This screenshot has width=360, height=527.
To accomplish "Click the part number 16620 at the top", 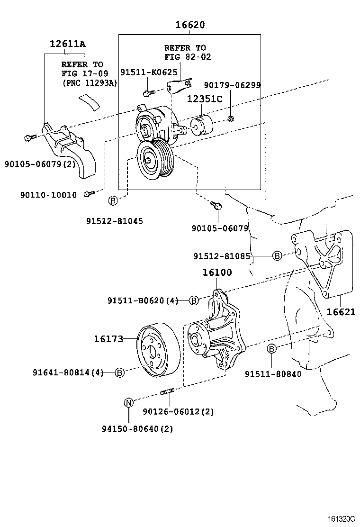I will point(190,25).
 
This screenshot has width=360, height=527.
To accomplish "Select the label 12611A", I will point(67,44).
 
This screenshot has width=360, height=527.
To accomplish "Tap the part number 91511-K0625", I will point(148,72).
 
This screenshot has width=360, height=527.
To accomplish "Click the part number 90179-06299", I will point(232,85).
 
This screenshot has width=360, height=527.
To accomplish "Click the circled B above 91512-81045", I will point(113,200).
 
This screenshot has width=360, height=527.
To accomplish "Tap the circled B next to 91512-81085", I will point(277,256).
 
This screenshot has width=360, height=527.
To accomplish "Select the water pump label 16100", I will point(217,273).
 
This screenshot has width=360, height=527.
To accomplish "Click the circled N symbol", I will point(128,402).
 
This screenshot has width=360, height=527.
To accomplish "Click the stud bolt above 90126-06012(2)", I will point(169,391).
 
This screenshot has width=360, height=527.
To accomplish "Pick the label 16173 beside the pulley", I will point(108,339).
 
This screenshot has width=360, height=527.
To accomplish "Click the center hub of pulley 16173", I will point(152,352).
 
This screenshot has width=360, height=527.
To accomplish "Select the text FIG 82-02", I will point(188,56).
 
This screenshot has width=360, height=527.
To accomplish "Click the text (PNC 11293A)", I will point(90,82).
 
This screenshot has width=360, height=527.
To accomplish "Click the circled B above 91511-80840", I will point(271,349).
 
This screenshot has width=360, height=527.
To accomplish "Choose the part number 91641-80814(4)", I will point(68,373).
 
